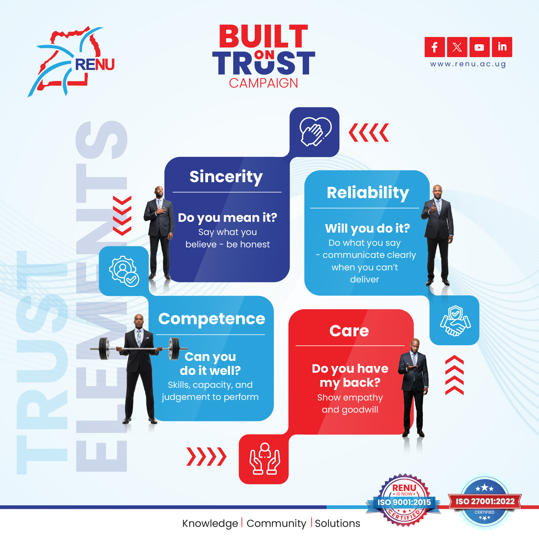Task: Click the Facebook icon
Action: coord(434,47)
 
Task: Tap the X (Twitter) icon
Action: coord(457,47)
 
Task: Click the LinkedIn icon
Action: coord(502,47)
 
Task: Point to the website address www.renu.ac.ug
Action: coord(468,64)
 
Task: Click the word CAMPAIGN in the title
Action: coord(263,83)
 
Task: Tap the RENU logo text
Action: coord(95,64)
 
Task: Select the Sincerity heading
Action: coord(226,177)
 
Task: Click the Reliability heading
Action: coord(368,193)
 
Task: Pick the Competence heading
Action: coord(212,319)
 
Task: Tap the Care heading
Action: coord(349,331)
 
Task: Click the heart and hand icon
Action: coord(315,132)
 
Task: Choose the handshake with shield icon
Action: coord(455,321)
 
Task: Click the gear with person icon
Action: coord(124,271)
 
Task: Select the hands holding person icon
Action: coord(264,459)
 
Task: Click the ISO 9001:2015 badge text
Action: coord(404,502)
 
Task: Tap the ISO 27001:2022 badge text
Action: coord(485,501)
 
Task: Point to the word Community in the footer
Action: coord(276,523)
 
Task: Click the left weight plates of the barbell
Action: coord(104,349)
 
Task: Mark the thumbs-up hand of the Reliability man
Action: coord(433,208)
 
